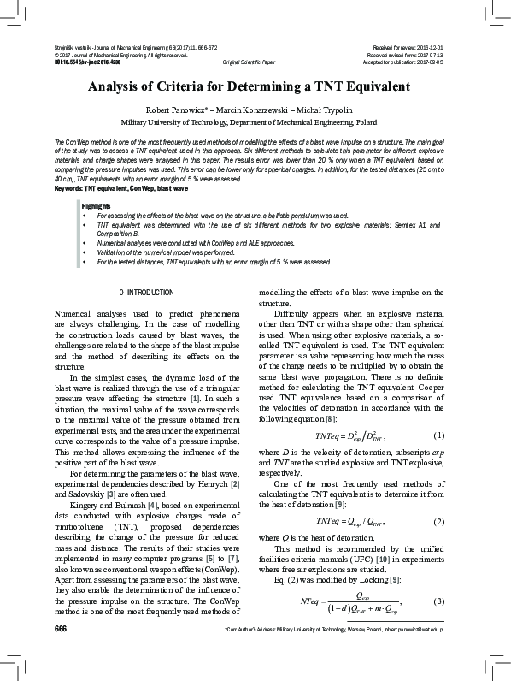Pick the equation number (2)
pos(440,521)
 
